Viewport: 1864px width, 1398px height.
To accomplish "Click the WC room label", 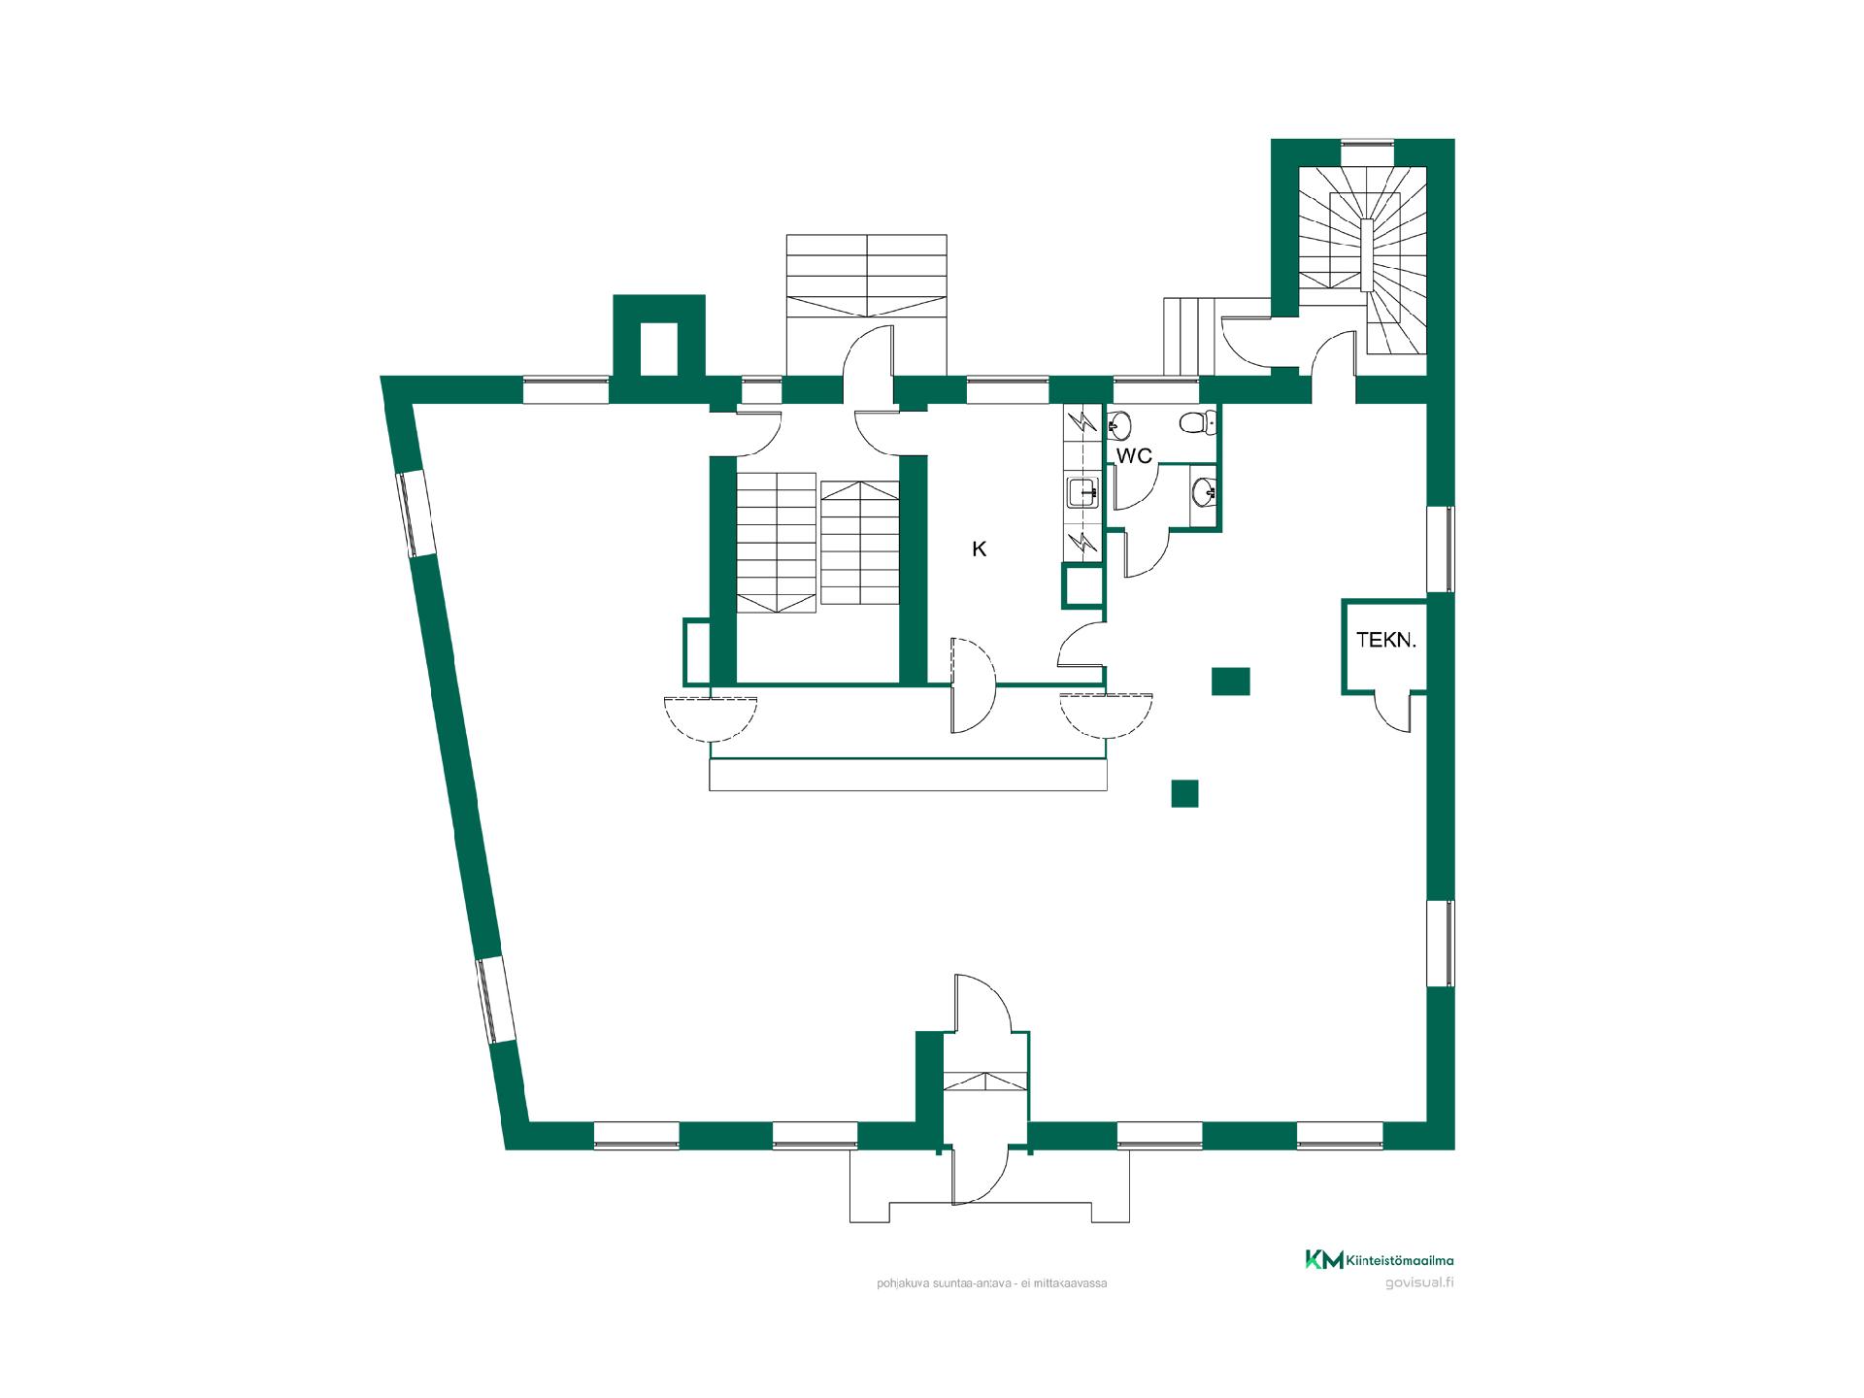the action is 1134,455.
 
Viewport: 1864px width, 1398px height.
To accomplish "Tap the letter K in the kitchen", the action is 980,549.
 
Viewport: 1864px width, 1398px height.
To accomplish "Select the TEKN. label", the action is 1386,640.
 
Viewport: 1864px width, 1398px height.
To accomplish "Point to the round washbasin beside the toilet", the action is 1118,423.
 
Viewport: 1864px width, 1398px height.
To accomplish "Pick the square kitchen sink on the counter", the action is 1082,493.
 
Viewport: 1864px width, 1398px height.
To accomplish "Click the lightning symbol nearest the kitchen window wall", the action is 1082,422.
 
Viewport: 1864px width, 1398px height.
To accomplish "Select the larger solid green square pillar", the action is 1230,682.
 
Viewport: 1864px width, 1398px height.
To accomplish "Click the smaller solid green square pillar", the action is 1184,793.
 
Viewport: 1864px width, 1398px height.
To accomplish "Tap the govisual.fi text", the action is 1419,1281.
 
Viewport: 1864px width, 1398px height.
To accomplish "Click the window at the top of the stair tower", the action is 1368,147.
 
